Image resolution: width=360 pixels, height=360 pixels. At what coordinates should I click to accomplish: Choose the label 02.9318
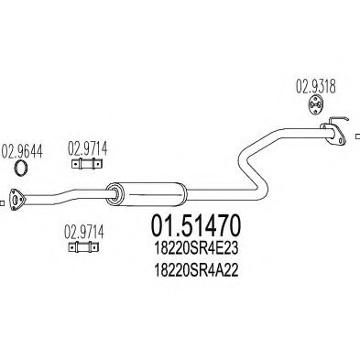click(311, 89)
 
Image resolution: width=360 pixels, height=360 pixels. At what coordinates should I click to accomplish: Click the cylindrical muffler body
click(147, 191)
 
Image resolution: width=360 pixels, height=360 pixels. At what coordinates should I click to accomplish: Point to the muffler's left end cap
click(114, 192)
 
